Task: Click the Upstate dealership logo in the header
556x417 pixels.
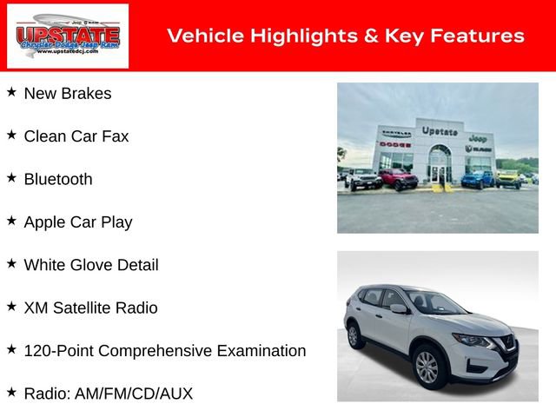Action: coord(68,36)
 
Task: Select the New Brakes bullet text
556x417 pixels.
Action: coord(68,94)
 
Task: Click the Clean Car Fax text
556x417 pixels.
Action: coord(76,136)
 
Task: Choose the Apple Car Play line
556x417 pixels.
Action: coord(78,222)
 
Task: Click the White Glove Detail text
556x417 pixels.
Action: coord(91,265)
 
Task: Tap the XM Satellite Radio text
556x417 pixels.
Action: coord(91,308)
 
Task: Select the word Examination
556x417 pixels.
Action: coord(260,351)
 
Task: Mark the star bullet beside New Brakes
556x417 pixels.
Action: coord(11,91)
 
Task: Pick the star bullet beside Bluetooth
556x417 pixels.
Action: coord(11,176)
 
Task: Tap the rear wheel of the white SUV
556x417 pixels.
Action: coord(354,335)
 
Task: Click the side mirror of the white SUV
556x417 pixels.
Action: coord(398,308)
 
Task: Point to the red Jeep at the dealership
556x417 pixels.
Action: coord(398,179)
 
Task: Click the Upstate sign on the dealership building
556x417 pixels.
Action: coord(440,131)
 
